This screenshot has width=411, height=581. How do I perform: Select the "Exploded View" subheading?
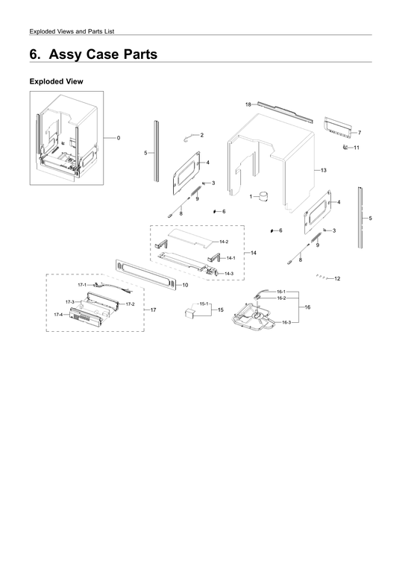point(55,81)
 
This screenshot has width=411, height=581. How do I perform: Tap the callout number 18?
point(248,104)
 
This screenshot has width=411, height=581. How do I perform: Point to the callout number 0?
point(119,138)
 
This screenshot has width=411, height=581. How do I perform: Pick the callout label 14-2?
point(224,242)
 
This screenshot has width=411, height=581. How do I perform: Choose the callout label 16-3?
point(286,322)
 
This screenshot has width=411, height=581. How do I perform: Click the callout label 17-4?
point(58,315)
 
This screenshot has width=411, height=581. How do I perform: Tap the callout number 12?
point(338,278)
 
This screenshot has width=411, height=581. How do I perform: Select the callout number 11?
point(357,148)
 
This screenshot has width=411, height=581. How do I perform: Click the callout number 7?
point(360,132)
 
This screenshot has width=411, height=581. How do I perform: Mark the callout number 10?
point(184,285)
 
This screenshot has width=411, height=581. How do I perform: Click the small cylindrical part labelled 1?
point(262,198)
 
